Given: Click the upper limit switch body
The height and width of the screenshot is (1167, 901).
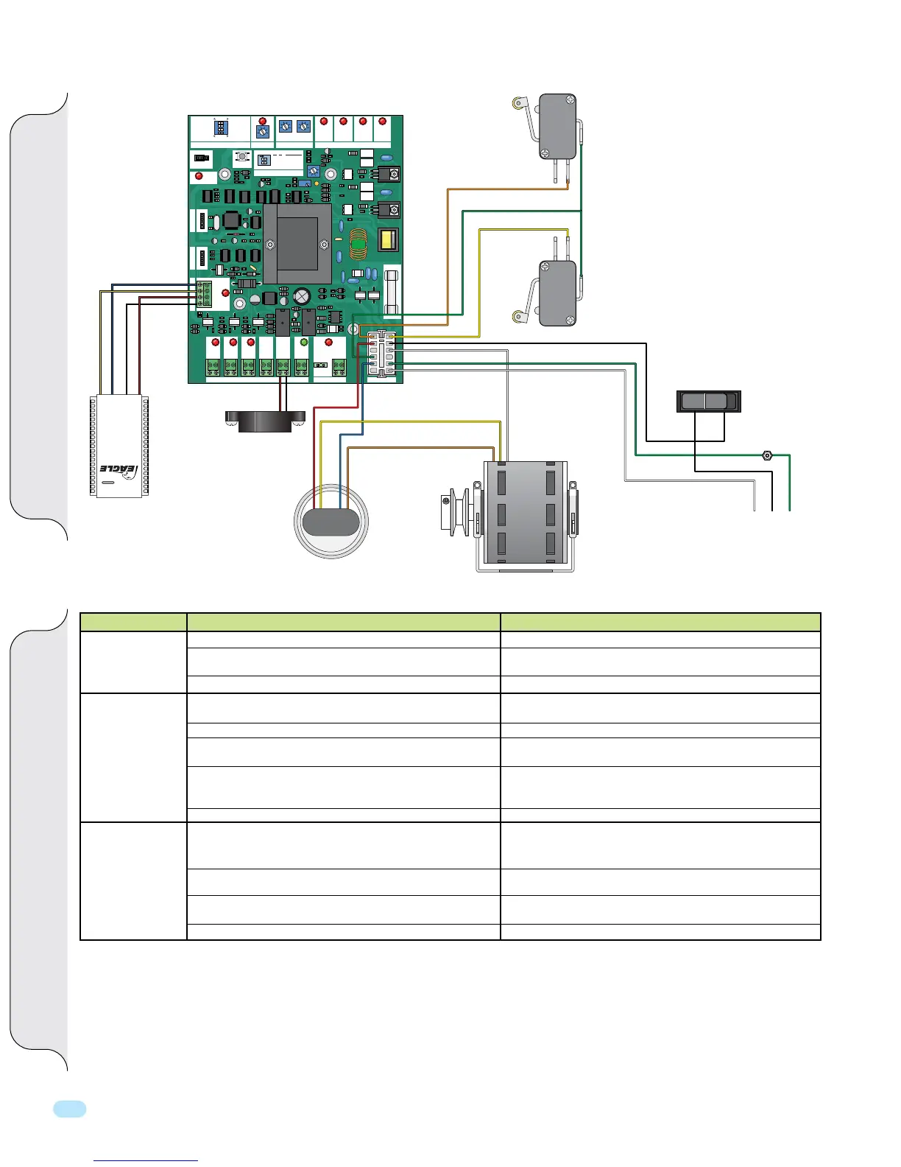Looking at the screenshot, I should (558, 125).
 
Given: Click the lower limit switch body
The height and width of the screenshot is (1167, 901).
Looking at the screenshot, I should (558, 293).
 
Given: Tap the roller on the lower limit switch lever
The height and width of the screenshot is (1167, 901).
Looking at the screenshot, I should (518, 316).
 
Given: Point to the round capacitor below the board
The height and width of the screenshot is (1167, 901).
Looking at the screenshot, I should (331, 522).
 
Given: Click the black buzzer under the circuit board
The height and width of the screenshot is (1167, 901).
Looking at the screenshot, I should (265, 420).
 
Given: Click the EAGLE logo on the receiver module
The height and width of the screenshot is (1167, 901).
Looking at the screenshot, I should (118, 469).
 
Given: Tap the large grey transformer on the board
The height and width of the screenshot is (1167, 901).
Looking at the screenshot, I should (297, 244).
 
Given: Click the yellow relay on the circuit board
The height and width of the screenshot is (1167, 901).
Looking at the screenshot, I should (387, 241).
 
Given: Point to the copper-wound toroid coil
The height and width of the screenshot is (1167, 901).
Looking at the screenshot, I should (358, 245).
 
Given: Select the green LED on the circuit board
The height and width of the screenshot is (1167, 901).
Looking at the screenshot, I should (303, 342).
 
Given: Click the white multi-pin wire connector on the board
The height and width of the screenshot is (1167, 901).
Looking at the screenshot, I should (382, 354).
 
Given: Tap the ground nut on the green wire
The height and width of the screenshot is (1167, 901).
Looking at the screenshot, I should (767, 455).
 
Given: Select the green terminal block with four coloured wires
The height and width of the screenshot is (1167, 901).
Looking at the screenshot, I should (203, 294).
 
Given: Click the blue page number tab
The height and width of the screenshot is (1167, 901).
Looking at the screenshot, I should (70, 1109).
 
